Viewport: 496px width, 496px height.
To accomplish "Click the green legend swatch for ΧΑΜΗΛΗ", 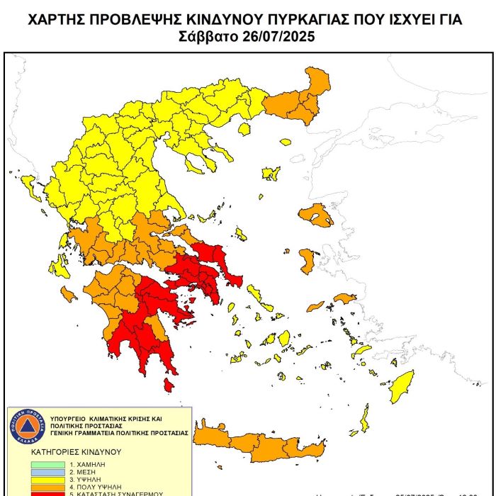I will coord(47,465).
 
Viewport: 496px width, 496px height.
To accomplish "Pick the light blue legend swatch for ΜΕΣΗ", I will coord(47,472).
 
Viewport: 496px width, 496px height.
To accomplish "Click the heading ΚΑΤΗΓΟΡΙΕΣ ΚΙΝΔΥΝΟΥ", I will coord(76,451).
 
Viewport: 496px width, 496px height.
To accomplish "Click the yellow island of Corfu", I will coord(30,187).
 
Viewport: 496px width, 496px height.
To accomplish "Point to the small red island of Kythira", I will coord(169,385).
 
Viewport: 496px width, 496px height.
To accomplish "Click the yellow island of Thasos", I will coord(245,129).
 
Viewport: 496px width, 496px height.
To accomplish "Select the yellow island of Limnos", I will coord(270,173).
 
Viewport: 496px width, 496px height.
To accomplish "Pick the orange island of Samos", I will coord(345,299).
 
